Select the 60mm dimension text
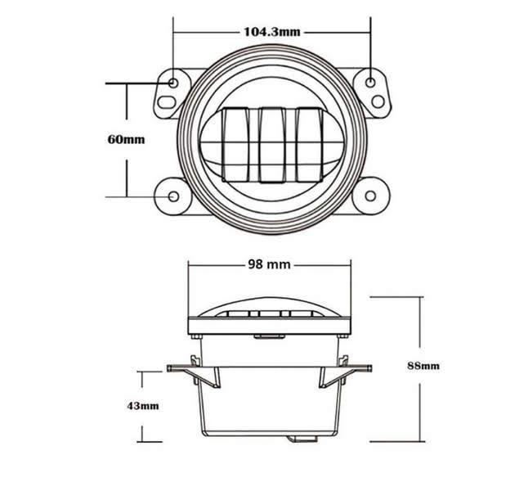point(126,138)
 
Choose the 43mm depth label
point(143,405)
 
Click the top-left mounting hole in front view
point(174,83)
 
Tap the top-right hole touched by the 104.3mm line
point(371,82)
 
